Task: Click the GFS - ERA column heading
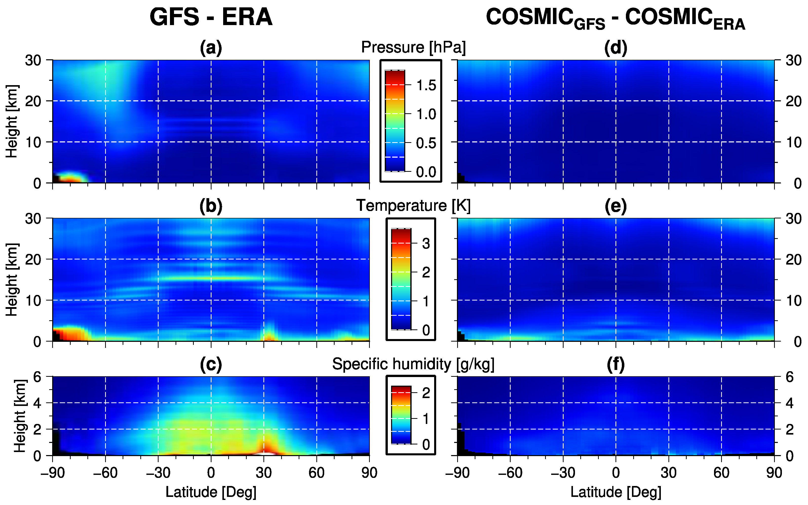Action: tap(211, 17)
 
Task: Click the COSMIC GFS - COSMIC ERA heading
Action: tap(615, 18)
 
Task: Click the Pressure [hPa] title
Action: tap(413, 47)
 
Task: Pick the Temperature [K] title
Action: tap(413, 205)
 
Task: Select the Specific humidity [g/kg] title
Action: tap(413, 364)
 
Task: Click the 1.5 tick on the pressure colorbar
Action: tap(426, 85)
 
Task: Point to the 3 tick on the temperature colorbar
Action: tap(426, 244)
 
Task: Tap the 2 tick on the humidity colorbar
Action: tap(426, 393)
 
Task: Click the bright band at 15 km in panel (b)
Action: tap(211, 278)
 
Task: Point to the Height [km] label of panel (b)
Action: tap(12, 279)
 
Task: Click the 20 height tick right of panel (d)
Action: tap(793, 101)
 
